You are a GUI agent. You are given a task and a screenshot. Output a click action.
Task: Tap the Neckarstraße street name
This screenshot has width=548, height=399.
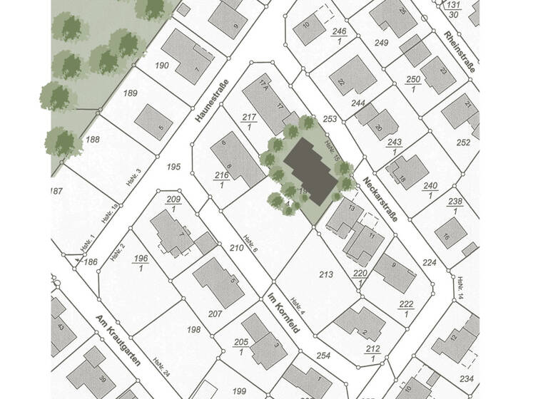[x=378, y=199]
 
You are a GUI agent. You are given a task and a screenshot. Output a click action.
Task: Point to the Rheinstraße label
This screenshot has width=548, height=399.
[x=458, y=49]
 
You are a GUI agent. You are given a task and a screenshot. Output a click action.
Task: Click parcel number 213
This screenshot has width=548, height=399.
[x=327, y=274]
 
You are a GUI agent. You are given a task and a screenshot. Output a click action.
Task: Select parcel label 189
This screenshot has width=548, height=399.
[x=130, y=93]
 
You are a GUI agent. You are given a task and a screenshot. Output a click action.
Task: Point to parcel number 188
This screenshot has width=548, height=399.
[x=93, y=140]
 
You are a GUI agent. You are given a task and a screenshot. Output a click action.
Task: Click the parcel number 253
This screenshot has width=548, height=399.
[x=329, y=119]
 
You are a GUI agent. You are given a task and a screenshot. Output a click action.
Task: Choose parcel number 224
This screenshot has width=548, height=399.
[x=429, y=263]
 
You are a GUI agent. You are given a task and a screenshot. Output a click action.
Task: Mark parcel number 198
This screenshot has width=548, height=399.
[x=193, y=329]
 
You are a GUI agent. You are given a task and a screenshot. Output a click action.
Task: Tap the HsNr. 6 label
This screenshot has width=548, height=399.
[x=250, y=244]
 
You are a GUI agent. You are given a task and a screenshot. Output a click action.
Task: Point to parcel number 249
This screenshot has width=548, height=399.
[x=381, y=43]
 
